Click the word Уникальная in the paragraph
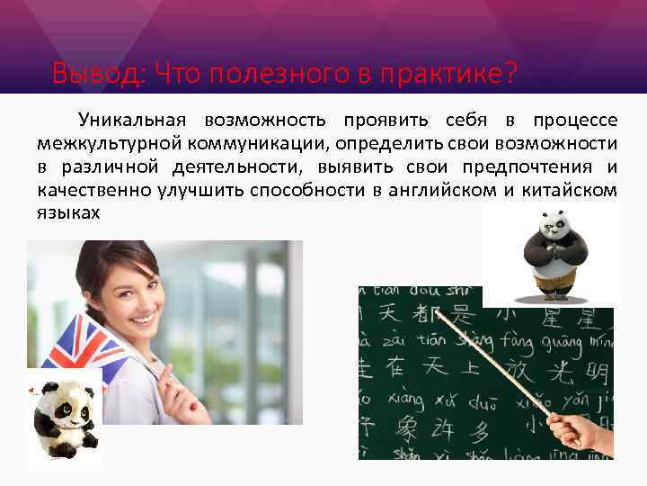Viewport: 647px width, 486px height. point(131,121)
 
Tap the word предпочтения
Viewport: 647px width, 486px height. point(536,167)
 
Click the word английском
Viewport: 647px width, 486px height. point(448,191)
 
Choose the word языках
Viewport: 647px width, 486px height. point(68,214)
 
